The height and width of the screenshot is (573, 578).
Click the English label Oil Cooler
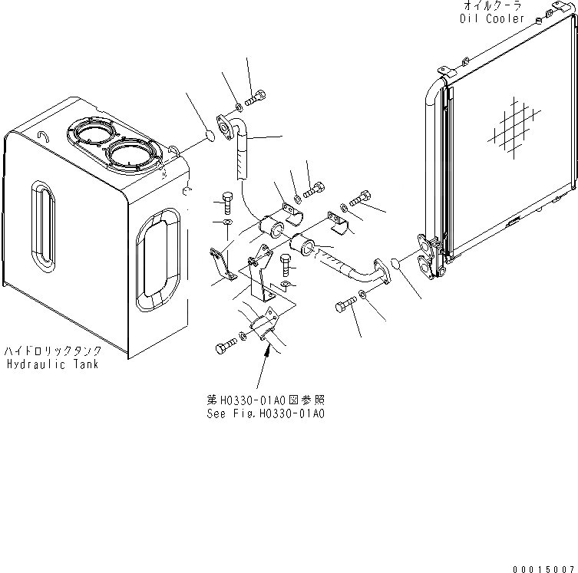click(492, 18)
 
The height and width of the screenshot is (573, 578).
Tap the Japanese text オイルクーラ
click(492, 7)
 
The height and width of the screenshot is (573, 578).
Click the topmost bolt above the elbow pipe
click(256, 97)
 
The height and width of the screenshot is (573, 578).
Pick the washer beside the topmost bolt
click(239, 106)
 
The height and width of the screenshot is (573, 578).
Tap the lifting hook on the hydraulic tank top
click(43, 136)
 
